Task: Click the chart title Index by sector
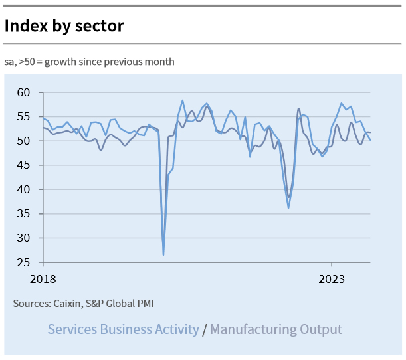click(64, 26)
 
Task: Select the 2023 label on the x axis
click(332, 279)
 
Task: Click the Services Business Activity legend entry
click(123, 329)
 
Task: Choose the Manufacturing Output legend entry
click(276, 329)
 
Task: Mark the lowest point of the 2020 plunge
click(163, 254)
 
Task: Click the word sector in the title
click(101, 26)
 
